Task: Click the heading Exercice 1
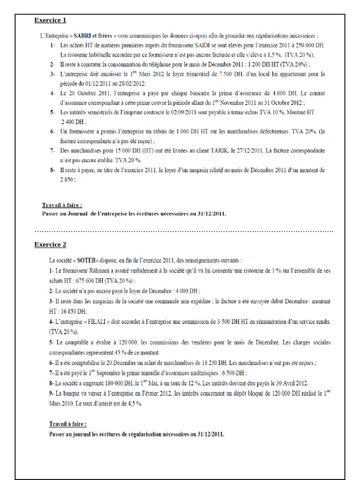pos(50,20)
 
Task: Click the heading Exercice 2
pos(50,245)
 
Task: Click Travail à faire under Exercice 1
pos(62,205)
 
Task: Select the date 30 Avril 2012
pos(287,383)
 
